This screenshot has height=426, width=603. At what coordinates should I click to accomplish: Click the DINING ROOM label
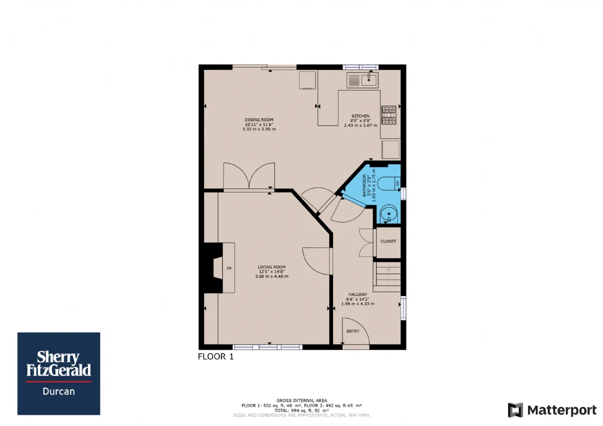point(259,120)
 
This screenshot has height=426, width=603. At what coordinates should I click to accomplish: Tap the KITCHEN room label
point(360,116)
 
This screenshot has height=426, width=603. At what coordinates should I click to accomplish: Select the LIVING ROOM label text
point(272,267)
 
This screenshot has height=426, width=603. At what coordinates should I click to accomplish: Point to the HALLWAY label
point(358,295)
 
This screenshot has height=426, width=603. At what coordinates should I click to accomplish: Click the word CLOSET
point(388,241)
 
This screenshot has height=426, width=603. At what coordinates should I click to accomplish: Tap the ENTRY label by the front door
point(353,331)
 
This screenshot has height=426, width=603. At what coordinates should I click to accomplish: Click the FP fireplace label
point(229,268)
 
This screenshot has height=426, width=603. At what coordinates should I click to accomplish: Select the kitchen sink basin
point(369,80)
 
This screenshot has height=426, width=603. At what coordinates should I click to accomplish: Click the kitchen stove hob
point(389,115)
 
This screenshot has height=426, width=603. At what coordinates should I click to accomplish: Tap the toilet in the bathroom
point(389,184)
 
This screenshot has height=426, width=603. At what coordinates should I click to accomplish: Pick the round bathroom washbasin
point(389,214)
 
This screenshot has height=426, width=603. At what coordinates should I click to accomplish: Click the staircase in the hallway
point(387,277)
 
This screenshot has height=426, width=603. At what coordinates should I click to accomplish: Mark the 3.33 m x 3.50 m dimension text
point(259,129)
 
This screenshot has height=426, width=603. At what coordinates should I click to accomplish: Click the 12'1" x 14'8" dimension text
point(272,272)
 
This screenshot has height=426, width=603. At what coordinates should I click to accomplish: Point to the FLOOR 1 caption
point(216,357)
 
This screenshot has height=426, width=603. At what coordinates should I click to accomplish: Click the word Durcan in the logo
point(59,391)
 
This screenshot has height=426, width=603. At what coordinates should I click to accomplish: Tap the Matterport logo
point(552,410)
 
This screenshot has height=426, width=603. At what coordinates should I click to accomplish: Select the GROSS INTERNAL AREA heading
point(301,401)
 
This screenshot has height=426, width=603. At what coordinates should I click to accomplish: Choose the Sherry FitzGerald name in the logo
point(58,363)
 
